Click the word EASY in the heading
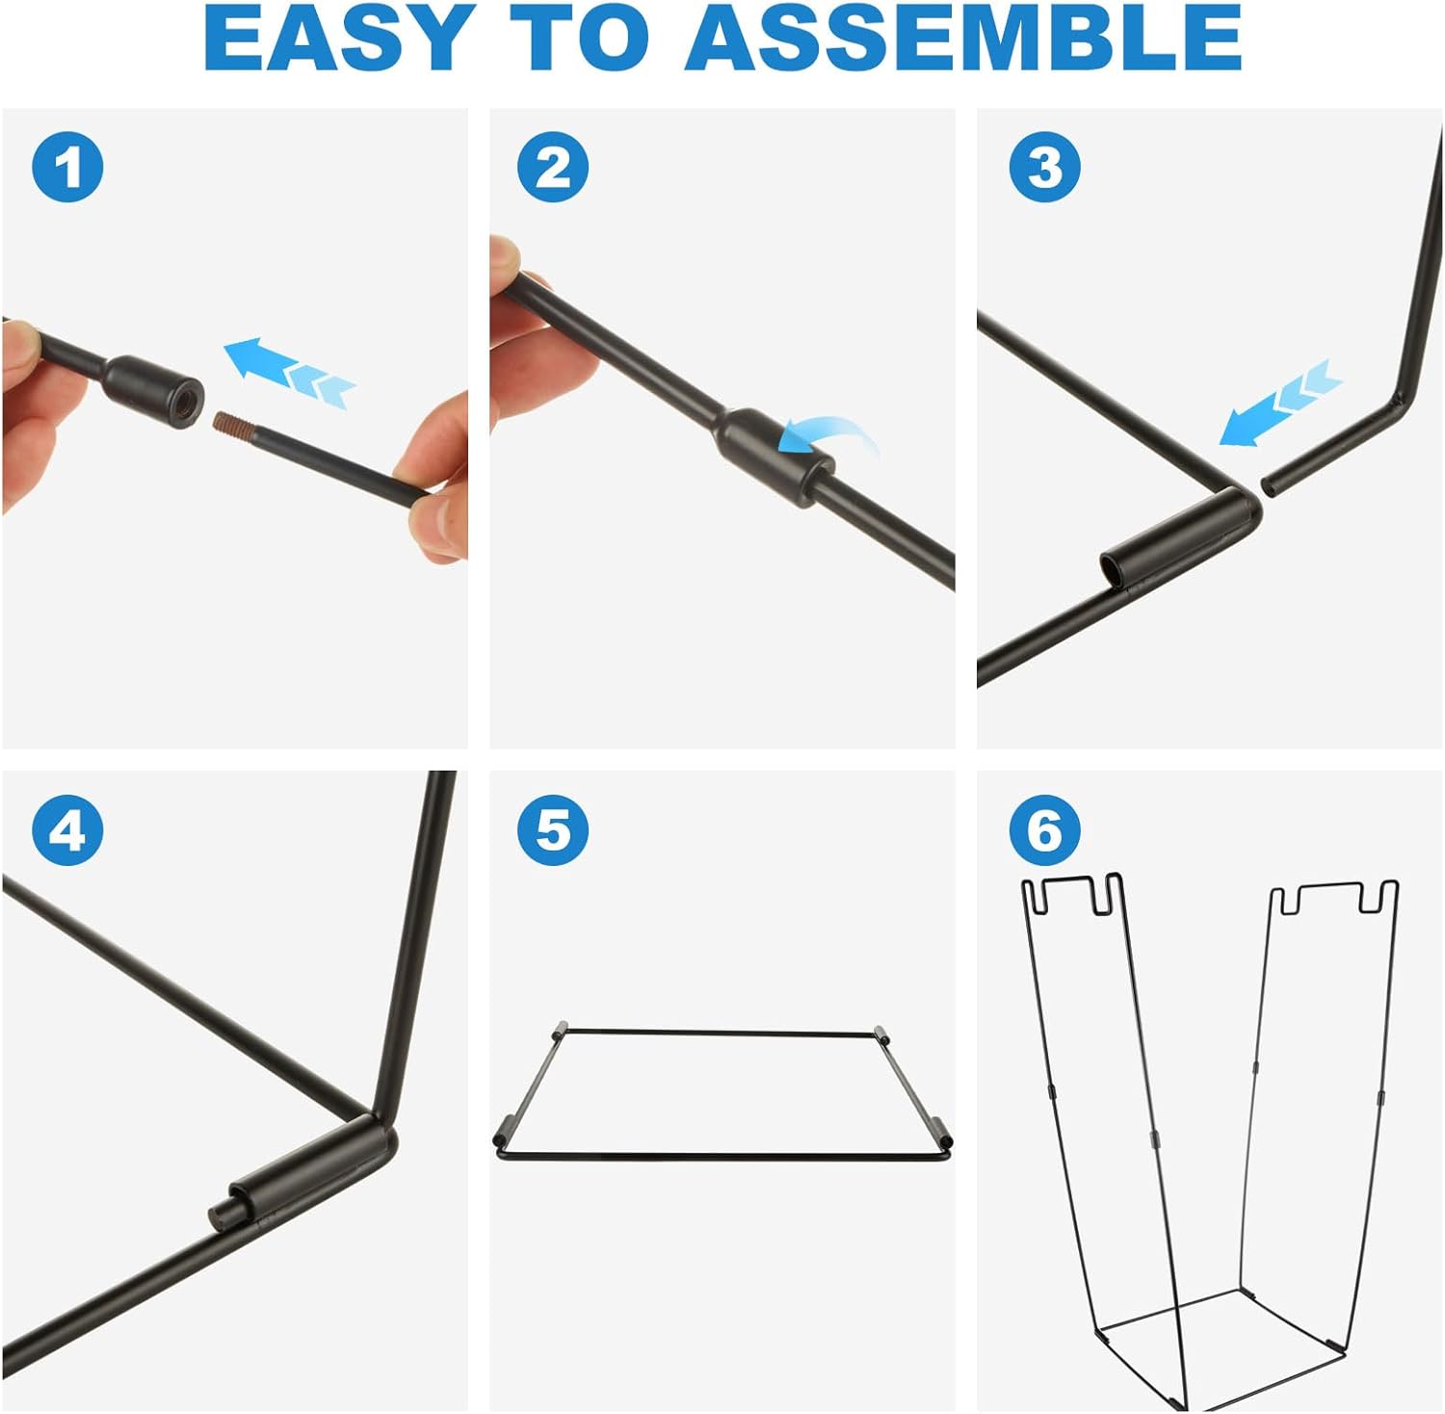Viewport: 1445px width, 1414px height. pos(336,39)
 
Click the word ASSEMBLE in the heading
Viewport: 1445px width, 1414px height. pos(964,39)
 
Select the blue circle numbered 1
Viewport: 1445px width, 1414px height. pos(67,167)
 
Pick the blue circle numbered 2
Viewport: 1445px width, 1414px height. pos(553,167)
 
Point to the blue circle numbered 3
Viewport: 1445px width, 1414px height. pos(1045,167)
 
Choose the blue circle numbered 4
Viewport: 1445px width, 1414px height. pos(67,829)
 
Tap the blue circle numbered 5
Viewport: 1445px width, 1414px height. pos(553,829)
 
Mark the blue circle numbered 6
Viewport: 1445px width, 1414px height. pos(1045,829)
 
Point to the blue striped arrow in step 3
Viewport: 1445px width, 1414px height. pos(1280,403)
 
